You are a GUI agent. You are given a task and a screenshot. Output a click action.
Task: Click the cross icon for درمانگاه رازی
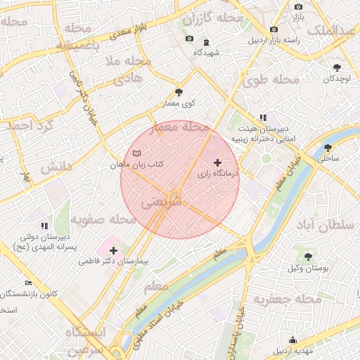tap(217, 162)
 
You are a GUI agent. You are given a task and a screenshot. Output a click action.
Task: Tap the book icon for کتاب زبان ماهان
tap(136, 153)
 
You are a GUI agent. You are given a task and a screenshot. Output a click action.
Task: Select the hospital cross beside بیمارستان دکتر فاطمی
tap(113, 250)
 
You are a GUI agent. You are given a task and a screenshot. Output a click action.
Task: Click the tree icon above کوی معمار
tap(179, 92)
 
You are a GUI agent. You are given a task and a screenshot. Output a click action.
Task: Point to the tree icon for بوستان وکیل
tap(308, 257)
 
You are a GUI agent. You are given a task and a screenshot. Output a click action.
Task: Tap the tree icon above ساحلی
tap(328, 148)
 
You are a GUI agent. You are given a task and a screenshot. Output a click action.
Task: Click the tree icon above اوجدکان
tap(337, 67)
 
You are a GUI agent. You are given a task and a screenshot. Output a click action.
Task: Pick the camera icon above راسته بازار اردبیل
tap(274, 29)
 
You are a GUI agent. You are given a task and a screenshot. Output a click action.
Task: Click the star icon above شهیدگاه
tap(206, 41)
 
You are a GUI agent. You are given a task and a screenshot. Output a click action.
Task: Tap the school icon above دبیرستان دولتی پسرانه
tap(44, 226)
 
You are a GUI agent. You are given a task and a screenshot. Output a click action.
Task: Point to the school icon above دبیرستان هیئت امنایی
tap(263, 118)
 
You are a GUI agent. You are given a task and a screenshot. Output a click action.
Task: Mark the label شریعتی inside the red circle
tap(161, 202)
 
